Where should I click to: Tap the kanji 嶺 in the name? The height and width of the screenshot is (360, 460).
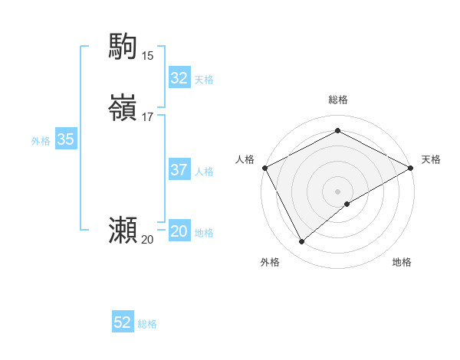[x=123, y=108]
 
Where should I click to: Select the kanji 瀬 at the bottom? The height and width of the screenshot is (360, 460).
[x=123, y=231]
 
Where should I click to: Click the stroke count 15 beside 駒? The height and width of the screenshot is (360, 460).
[x=147, y=55]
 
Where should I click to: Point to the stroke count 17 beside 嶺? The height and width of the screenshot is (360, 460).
[x=147, y=117]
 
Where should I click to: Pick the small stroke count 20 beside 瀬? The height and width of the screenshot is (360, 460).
[x=147, y=240]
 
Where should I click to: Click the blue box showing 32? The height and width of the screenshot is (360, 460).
[x=179, y=78]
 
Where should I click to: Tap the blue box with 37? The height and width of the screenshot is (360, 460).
[x=179, y=170]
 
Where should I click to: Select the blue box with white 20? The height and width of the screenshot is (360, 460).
[x=179, y=231]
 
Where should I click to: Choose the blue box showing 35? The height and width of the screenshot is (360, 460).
[x=65, y=139]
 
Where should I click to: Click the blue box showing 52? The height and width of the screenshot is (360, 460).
[x=122, y=322]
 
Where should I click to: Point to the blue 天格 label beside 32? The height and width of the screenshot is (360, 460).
[x=204, y=80]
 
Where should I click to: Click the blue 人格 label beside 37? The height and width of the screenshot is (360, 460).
[x=204, y=172]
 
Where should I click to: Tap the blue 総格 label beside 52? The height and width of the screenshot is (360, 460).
[x=147, y=324]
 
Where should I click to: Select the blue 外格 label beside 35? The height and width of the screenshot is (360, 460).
[x=41, y=141]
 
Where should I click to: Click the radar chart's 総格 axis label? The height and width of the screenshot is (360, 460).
[x=337, y=100]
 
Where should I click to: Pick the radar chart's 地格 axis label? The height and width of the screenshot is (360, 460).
[x=402, y=262]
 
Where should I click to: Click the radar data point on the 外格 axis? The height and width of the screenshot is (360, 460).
[x=302, y=242]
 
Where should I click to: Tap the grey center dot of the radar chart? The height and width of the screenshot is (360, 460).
[x=337, y=191]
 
